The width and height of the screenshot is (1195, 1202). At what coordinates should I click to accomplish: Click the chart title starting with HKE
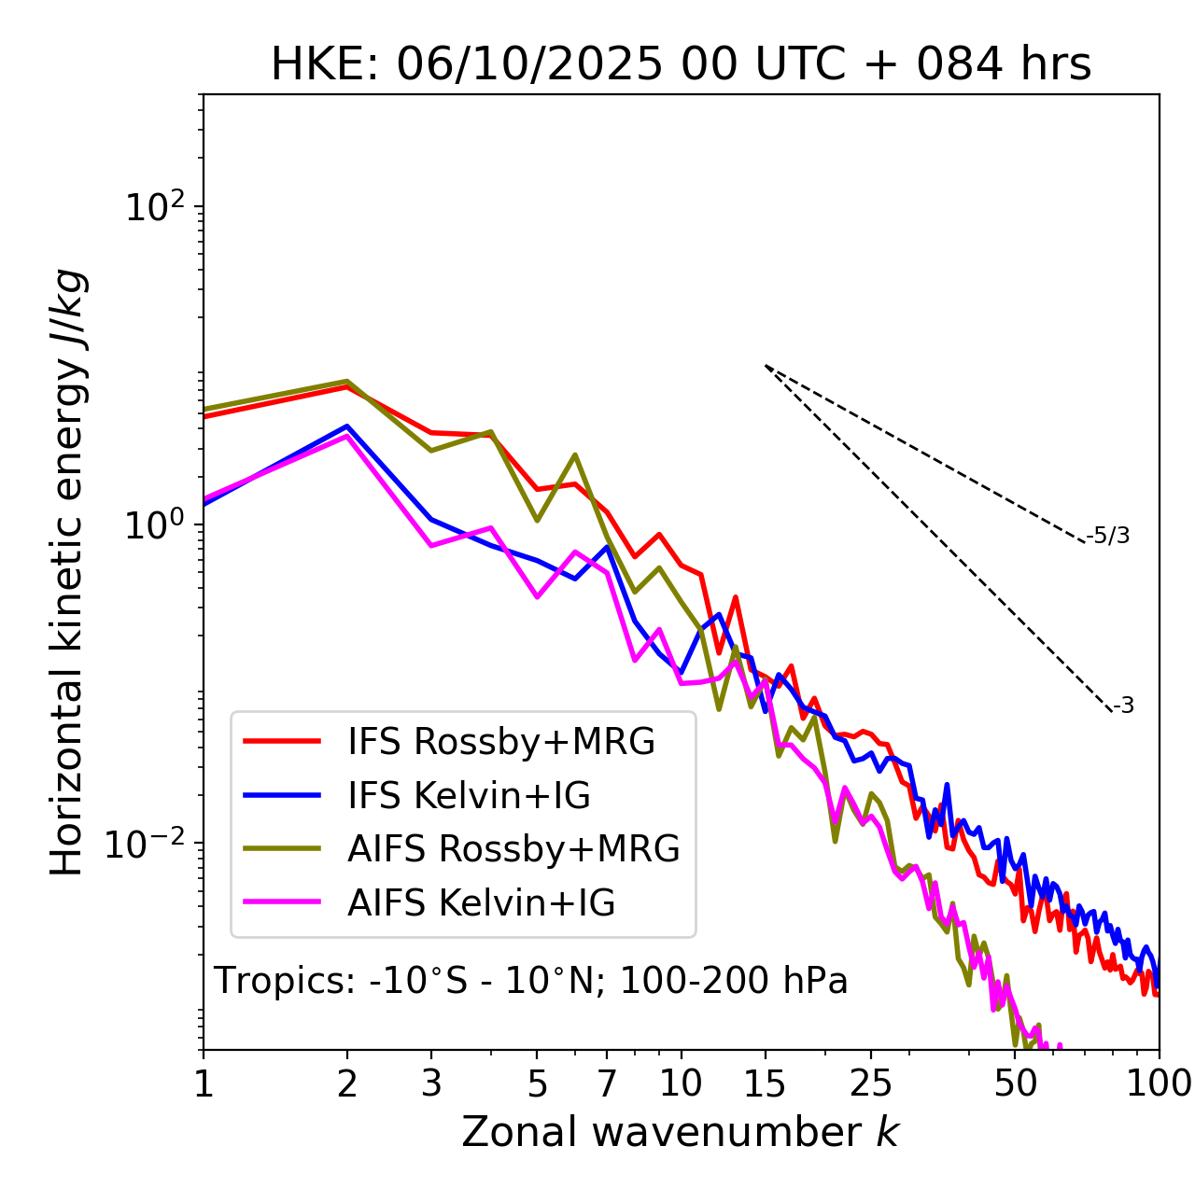click(x=681, y=64)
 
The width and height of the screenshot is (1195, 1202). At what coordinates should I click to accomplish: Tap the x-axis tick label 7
click(x=607, y=1083)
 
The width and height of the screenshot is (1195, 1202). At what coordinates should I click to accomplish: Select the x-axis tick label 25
click(x=870, y=1083)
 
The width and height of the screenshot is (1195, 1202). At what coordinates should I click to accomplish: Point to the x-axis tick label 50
click(x=1016, y=1083)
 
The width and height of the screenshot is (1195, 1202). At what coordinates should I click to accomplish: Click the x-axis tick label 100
click(x=1158, y=1083)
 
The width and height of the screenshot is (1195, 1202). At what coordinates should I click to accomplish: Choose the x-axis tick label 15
click(x=766, y=1083)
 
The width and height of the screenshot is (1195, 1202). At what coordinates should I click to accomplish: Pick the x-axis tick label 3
click(x=431, y=1083)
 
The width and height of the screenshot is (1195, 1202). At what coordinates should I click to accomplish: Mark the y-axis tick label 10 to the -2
click(x=149, y=844)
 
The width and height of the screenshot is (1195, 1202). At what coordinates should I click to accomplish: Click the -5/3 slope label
click(x=1108, y=536)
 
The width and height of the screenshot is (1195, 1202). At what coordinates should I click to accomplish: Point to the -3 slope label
click(x=1124, y=706)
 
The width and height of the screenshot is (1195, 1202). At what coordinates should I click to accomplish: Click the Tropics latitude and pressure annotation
click(x=531, y=981)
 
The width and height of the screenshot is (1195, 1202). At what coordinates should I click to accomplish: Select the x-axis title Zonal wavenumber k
click(x=681, y=1132)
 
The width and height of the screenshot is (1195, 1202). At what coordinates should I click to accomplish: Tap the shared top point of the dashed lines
click(x=766, y=365)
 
